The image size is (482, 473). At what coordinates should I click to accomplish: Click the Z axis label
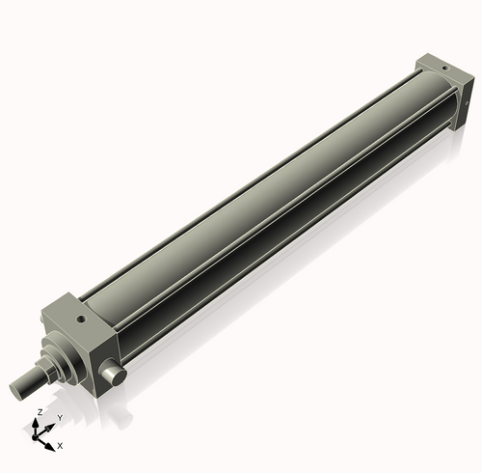coord(39,412)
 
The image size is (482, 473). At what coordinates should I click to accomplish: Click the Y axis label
coord(59,417)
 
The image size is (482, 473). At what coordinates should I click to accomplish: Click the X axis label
coord(60,446)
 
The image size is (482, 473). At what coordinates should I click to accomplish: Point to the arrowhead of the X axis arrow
coord(52,442)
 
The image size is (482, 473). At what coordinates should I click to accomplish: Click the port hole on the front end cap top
coord(81,314)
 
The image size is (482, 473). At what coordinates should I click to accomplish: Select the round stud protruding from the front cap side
coord(114,374)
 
